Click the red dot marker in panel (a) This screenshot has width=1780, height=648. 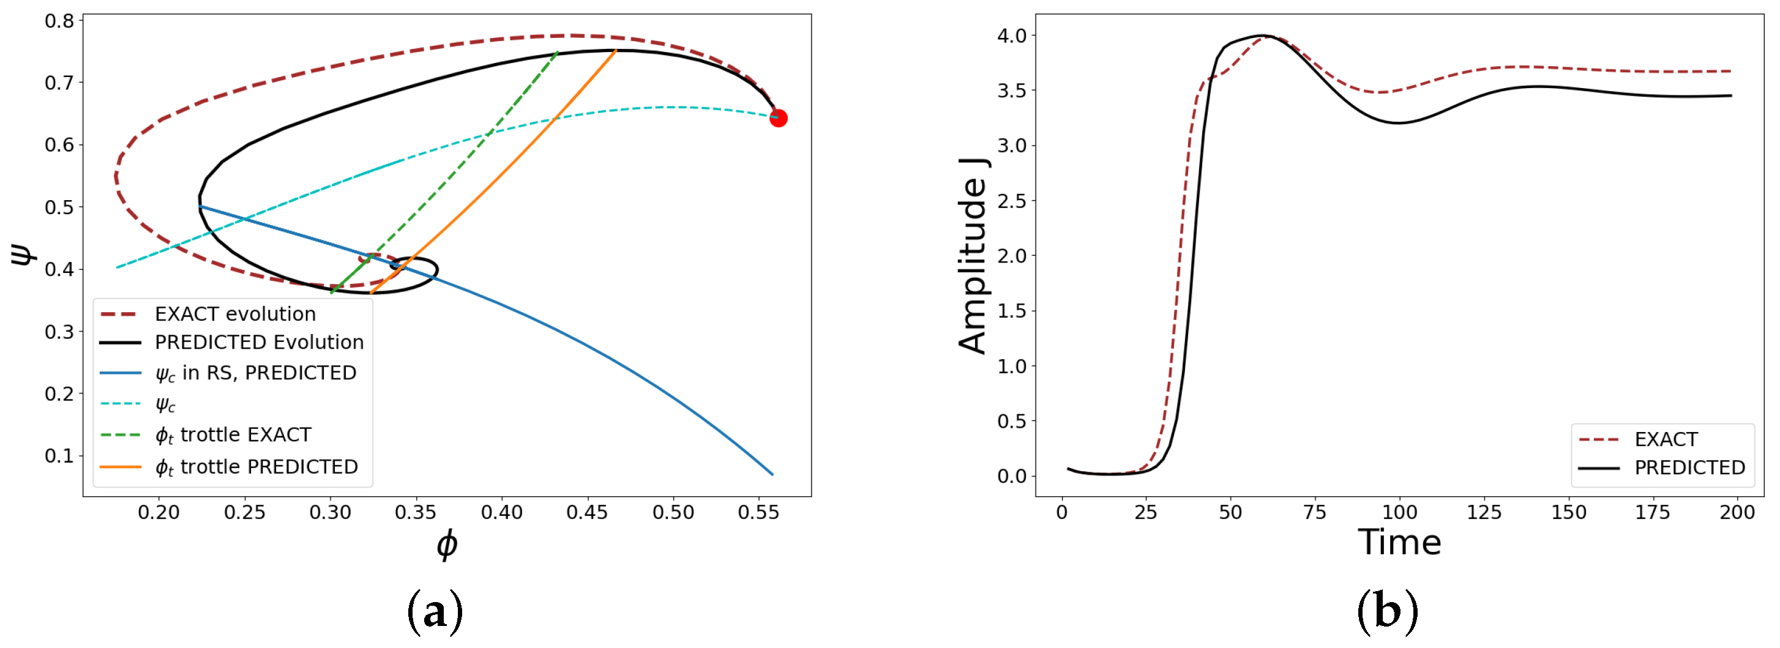[778, 118]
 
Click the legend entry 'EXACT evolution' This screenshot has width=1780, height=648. [235, 315]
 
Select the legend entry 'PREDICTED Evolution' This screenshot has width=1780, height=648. [258, 343]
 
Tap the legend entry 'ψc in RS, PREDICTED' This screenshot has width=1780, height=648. [255, 373]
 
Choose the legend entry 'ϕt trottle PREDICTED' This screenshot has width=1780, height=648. [256, 467]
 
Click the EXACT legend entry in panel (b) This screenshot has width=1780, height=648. [1666, 439]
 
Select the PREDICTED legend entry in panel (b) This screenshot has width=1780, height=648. [1689, 467]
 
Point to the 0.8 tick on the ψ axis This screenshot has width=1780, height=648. [59, 21]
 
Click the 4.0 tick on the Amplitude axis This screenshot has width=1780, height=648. [1012, 35]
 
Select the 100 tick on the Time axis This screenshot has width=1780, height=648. [1399, 513]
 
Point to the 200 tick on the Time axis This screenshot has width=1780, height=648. [1737, 513]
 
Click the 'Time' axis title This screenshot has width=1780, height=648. [1399, 542]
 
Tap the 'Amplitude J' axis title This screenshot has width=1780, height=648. [973, 256]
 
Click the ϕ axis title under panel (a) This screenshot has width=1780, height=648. [447, 545]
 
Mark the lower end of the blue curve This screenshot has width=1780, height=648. [772, 474]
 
